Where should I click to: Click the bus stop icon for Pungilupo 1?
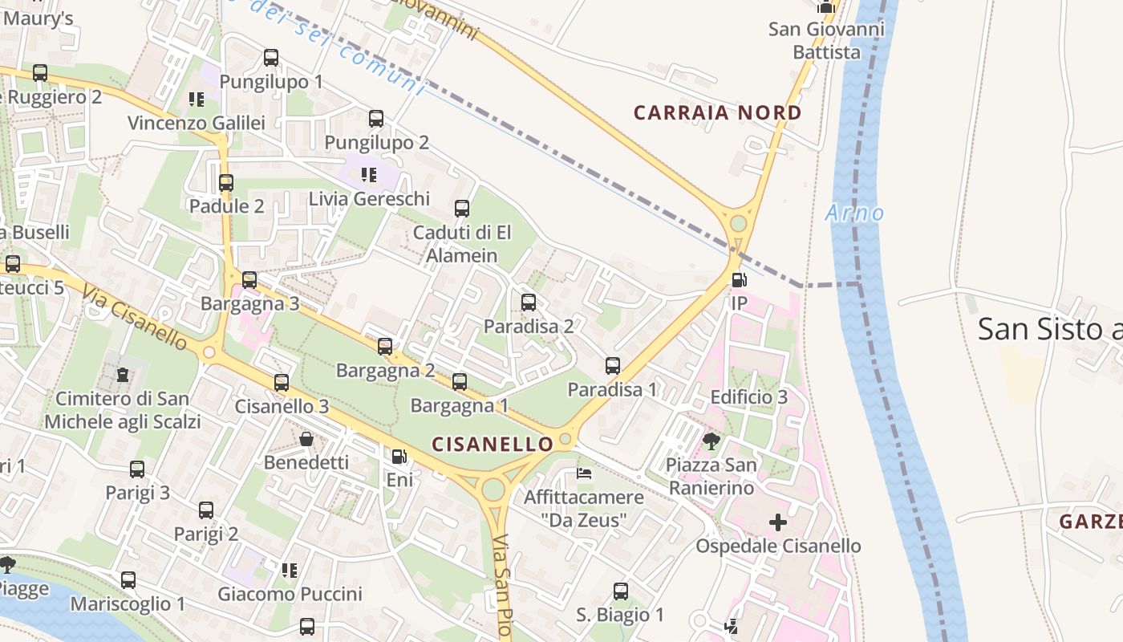(271, 58)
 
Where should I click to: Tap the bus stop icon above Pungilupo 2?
(376, 119)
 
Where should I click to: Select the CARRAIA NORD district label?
(718, 113)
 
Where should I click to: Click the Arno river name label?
(854, 213)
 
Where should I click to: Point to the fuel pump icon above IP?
(739, 280)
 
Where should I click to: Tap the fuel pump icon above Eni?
(399, 457)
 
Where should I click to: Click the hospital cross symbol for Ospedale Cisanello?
(778, 522)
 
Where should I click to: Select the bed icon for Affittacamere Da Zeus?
(585, 473)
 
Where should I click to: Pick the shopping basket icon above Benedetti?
(306, 439)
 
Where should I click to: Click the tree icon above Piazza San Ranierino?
(711, 441)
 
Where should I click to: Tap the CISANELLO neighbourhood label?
(493, 444)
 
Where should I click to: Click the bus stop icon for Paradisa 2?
(529, 303)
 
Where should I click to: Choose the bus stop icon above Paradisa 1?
(613, 366)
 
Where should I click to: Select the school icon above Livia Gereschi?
(369, 175)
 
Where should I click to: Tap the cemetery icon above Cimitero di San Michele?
(123, 375)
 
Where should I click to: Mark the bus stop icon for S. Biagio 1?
(621, 591)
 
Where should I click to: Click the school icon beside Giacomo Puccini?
(290, 571)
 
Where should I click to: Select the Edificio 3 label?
(749, 397)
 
